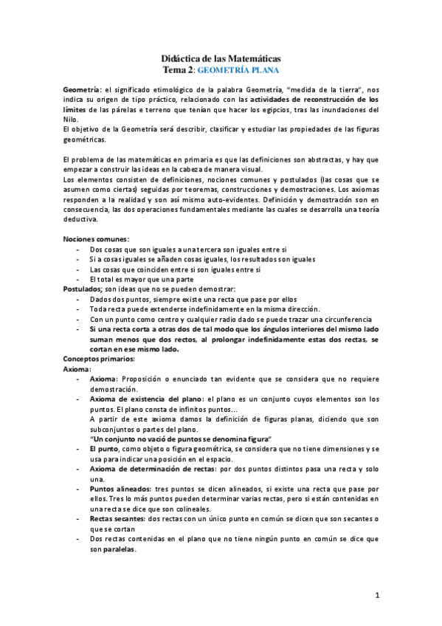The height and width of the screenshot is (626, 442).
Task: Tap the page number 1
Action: [376, 595]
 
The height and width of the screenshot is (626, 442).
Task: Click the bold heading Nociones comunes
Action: [95, 239]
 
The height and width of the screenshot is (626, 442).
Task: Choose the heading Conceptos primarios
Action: [98, 358]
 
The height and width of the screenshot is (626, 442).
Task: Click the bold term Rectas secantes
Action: [117, 519]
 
